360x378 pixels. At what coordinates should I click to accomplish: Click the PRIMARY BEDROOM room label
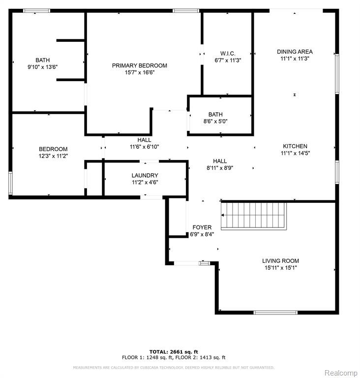[140, 65]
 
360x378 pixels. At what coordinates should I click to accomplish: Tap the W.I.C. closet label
[228, 54]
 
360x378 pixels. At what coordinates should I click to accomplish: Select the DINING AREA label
[295, 52]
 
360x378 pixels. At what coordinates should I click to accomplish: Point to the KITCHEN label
[295, 146]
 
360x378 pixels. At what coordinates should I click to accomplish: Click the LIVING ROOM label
[280, 261]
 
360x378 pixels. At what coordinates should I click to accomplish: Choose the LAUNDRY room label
[145, 176]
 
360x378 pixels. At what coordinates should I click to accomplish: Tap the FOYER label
[202, 227]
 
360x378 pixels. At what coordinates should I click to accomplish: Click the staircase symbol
[254, 216]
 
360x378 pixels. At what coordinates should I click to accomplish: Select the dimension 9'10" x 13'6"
[43, 67]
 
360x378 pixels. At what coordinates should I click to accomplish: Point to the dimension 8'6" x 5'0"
[215, 121]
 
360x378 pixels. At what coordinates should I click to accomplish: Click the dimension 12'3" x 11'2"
[53, 156]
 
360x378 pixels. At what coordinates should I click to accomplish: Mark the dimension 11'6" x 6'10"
[144, 147]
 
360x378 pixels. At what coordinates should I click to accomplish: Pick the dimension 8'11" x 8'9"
[220, 168]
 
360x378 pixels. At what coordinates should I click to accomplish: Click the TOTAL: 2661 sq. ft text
[174, 352]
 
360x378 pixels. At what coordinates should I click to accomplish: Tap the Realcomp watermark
[341, 373]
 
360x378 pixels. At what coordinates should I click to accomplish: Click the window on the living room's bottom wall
[275, 313]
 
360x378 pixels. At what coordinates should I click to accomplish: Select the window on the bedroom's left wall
[10, 183]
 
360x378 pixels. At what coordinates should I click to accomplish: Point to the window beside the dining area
[337, 74]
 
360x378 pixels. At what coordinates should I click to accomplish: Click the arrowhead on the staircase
[223, 215]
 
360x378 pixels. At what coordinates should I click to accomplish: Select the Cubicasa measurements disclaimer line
[174, 368]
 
